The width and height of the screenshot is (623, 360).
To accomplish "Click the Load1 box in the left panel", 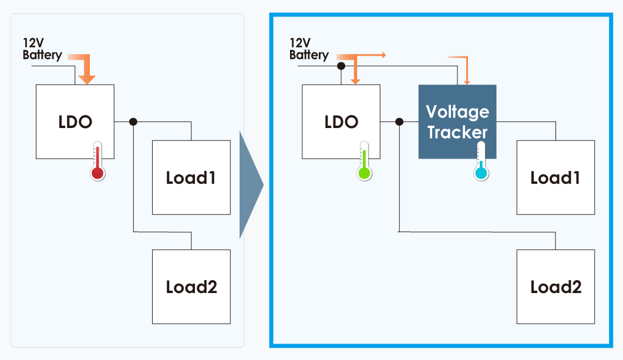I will [191, 177].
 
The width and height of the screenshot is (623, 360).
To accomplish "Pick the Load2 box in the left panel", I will [191, 287].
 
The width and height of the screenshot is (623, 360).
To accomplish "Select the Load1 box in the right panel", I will [555, 177].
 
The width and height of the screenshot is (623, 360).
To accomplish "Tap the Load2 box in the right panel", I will [555, 287].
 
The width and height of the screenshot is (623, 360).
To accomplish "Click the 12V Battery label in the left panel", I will [42, 49].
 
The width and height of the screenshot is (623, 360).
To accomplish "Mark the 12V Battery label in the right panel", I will [308, 49].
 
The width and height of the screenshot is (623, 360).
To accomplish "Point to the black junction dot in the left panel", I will [133, 122].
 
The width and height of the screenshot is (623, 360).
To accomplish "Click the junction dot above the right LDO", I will [341, 66].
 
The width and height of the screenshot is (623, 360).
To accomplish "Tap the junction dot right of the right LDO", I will [400, 122].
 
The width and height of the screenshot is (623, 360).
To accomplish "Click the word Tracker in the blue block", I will [457, 132].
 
